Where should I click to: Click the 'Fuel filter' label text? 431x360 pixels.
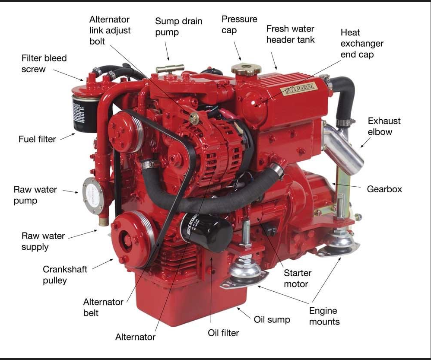pyautogui.click(x=37, y=139)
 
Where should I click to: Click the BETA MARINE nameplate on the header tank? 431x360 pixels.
pyautogui.click(x=299, y=89)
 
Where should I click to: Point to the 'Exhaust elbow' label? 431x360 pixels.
pyautogui.click(x=384, y=126)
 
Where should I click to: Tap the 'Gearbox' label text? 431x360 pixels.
pyautogui.click(x=384, y=189)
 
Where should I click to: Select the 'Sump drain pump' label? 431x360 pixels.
pyautogui.click(x=178, y=26)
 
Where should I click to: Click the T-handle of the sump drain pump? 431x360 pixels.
pyautogui.click(x=170, y=68)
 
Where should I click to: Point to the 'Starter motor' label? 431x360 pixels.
pyautogui.click(x=297, y=278)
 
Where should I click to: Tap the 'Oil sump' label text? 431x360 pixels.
pyautogui.click(x=272, y=319)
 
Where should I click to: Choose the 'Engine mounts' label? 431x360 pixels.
pyautogui.click(x=324, y=316)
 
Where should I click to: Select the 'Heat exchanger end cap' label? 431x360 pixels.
pyautogui.click(x=361, y=43)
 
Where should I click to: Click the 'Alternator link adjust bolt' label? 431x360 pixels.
pyautogui.click(x=110, y=30)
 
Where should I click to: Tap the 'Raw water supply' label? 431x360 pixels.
pyautogui.click(x=43, y=241)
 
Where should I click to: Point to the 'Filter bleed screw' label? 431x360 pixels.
pyautogui.click(x=44, y=63)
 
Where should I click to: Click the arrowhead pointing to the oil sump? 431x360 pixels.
pyautogui.click(x=238, y=308)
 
